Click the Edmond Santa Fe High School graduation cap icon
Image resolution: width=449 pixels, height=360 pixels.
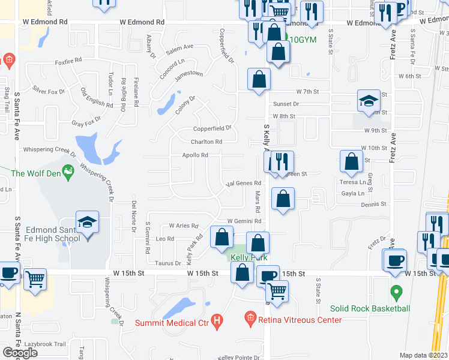[x=87, y=223]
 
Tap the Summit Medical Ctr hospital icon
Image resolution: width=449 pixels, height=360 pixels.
[x=217, y=322]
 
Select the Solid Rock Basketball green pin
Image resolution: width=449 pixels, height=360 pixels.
[x=396, y=293]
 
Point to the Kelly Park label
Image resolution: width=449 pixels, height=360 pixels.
[x=245, y=257]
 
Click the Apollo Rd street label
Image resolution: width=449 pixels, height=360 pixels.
[x=196, y=155]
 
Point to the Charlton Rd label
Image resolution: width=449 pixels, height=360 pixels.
[x=206, y=142]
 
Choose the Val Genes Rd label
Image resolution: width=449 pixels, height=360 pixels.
[x=244, y=183]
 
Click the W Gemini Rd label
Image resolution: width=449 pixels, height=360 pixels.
[x=240, y=221]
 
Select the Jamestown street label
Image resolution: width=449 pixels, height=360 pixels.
[x=188, y=76]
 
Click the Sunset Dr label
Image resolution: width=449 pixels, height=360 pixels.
[x=286, y=104]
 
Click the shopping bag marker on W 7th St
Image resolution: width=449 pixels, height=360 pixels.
[x=259, y=80]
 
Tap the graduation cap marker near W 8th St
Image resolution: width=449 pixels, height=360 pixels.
[x=369, y=101]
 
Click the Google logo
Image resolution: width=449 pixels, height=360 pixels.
[x=20, y=353]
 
